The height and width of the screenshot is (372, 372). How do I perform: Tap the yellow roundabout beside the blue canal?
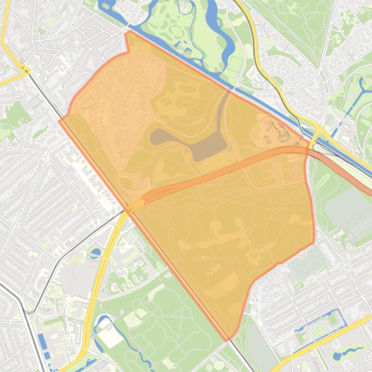coord(319,129)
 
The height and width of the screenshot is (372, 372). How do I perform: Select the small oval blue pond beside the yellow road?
coord(95,252)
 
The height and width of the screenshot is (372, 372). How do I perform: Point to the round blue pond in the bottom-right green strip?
coord(337,356)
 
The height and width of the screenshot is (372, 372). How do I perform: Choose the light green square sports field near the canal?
coord(235,63)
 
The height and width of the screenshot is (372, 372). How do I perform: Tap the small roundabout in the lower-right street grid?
coord(346,267)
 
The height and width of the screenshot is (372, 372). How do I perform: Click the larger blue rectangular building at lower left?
coord(42,341)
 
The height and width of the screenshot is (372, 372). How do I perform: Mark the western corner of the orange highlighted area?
coord(60,120)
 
